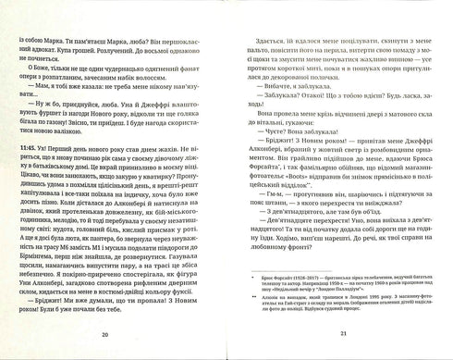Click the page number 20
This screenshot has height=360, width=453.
click(x=110, y=335)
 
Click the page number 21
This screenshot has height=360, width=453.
click(x=342, y=335)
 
